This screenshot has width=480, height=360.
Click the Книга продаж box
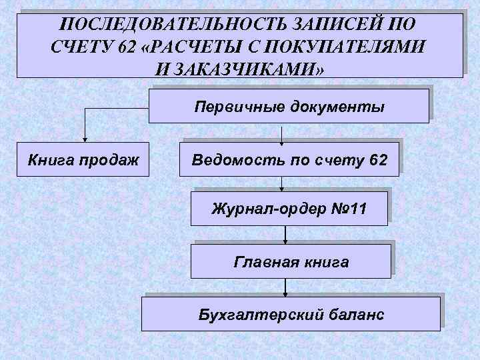pyautogui.click(x=83, y=160)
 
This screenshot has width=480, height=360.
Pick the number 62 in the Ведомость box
pyautogui.click(x=377, y=160)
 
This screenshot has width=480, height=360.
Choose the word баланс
pyautogui.click(x=358, y=313)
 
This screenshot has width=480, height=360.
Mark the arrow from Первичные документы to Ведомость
pyautogui.click(x=283, y=134)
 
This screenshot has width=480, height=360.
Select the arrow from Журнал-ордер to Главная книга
pyautogui.click(x=285, y=233)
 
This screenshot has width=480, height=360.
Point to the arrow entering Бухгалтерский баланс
pyautogui.click(x=285, y=287)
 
